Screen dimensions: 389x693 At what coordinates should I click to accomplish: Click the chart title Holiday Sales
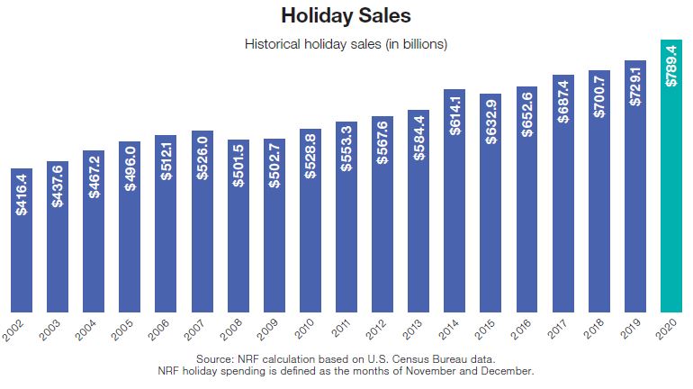click(346, 16)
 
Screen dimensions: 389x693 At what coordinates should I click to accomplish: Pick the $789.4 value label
click(670, 65)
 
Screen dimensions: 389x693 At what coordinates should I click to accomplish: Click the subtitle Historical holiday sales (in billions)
click(346, 43)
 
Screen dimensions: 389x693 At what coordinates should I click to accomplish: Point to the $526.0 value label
click(202, 158)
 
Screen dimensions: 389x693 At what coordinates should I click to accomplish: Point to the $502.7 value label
click(274, 166)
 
